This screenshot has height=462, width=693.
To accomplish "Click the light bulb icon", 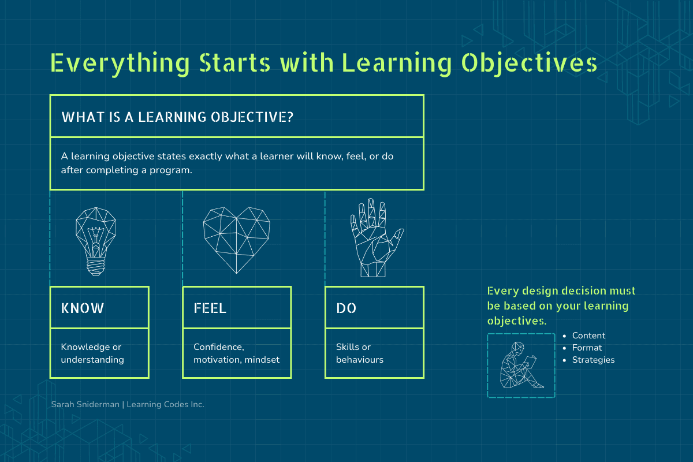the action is [96, 241].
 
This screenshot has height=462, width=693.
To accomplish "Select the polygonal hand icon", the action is [376, 238].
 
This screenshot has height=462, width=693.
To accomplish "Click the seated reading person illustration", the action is [521, 365].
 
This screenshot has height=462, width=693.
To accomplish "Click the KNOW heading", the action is [82, 308].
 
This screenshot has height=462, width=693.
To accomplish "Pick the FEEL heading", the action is [210, 308].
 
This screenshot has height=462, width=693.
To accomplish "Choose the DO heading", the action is [346, 308].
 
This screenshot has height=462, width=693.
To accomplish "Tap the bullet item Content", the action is [588, 336].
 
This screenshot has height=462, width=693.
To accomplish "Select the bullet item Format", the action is [587, 348].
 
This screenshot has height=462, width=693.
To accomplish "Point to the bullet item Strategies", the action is [593, 360].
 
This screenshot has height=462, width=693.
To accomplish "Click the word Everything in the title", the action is [120, 64].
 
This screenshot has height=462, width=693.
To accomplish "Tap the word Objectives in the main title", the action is [529, 64].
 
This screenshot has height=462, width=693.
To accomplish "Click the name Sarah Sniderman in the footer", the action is [85, 404].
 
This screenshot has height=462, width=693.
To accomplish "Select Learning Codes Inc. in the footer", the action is [166, 404].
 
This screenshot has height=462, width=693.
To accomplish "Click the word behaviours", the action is [359, 360].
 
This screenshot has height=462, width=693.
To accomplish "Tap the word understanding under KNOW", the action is [92, 360].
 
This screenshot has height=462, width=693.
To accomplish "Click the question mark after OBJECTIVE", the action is [290, 117].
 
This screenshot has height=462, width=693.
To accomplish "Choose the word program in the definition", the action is [171, 170].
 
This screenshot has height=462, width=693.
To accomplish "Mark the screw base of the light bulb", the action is [96, 266].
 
